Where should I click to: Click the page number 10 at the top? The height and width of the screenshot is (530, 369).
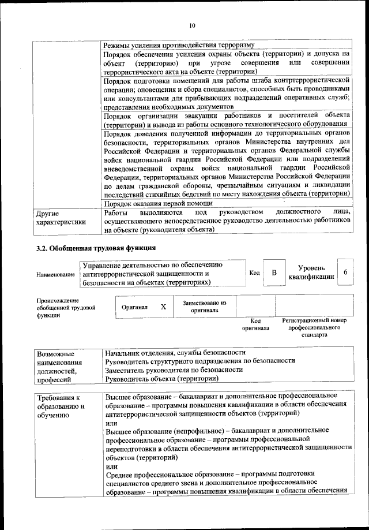pyautogui.click(x=192, y=25)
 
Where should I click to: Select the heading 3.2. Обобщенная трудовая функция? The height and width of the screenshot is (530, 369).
pyautogui.click(x=95, y=248)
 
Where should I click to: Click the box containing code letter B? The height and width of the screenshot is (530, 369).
pyautogui.click(x=274, y=273)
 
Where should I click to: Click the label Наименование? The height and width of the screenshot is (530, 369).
pyautogui.click(x=55, y=274)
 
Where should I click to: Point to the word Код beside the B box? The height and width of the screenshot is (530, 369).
pyautogui.click(x=254, y=273)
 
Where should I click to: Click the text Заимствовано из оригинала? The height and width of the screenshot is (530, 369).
pyautogui.click(x=205, y=306)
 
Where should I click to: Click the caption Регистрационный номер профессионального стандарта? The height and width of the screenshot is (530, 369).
pyautogui.click(x=314, y=327)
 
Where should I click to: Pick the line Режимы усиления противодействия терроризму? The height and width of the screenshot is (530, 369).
pyautogui.click(x=178, y=46)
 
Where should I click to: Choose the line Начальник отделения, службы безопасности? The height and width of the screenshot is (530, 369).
pyautogui.click(x=176, y=352)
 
